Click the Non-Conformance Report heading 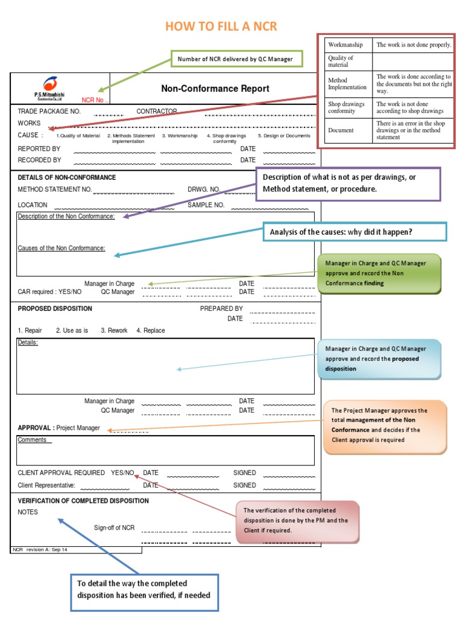[x=215, y=89]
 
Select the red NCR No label [x=95, y=100]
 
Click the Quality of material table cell [x=341, y=61]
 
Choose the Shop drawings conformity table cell [x=346, y=107]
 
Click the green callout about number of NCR [x=235, y=59]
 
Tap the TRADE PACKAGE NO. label [x=49, y=112]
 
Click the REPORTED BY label [x=39, y=148]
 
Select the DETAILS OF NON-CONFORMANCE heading [x=67, y=177]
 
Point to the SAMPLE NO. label [x=206, y=205]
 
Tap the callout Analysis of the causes [x=354, y=232]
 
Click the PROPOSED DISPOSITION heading [x=55, y=308]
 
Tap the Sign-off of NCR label [x=114, y=528]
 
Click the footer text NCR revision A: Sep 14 [x=40, y=550]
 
